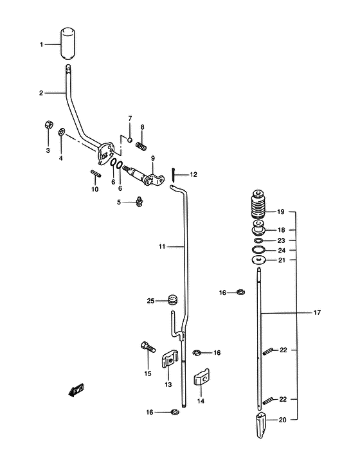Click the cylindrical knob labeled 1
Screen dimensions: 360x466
coord(68,44)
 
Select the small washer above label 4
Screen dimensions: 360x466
coord(62,131)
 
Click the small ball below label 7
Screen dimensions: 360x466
coord(130,139)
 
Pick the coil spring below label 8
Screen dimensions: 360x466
coord(141,146)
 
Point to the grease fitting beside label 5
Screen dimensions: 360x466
coord(139,202)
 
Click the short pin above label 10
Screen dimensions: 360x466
coord(96,174)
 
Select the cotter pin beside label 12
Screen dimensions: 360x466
coord(172,174)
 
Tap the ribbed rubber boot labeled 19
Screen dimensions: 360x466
coord(258,204)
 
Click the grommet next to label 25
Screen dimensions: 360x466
coord(172,300)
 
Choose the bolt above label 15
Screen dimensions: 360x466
coord(148,347)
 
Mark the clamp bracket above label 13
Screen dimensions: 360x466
coord(170,359)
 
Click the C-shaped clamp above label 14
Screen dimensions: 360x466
coord(202,377)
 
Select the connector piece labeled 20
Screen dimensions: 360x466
coord(261,425)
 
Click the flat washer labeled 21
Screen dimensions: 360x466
coord(258,260)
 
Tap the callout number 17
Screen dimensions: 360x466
coord(317,312)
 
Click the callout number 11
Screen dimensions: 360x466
coord(162,247)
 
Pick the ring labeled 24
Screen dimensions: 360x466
coord(258,250)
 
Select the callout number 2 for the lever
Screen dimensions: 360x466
coord(41,93)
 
